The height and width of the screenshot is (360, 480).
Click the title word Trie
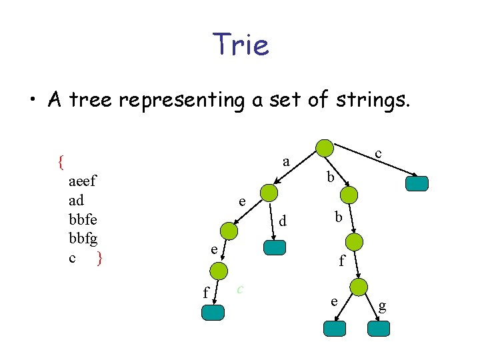click(241, 45)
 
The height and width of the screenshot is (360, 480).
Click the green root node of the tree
click(324, 148)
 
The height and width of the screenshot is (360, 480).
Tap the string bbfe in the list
click(83, 219)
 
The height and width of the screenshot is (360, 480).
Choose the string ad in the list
click(76, 201)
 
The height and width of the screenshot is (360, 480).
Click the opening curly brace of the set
click(61, 161)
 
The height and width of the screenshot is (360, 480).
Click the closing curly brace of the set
click(99, 257)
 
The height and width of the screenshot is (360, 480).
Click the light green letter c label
click(240, 288)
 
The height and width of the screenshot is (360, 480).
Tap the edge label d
click(283, 219)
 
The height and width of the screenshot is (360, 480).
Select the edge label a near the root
click(286, 161)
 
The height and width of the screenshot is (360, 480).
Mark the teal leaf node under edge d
click(275, 247)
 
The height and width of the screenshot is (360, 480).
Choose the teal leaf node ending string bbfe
click(335, 328)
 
